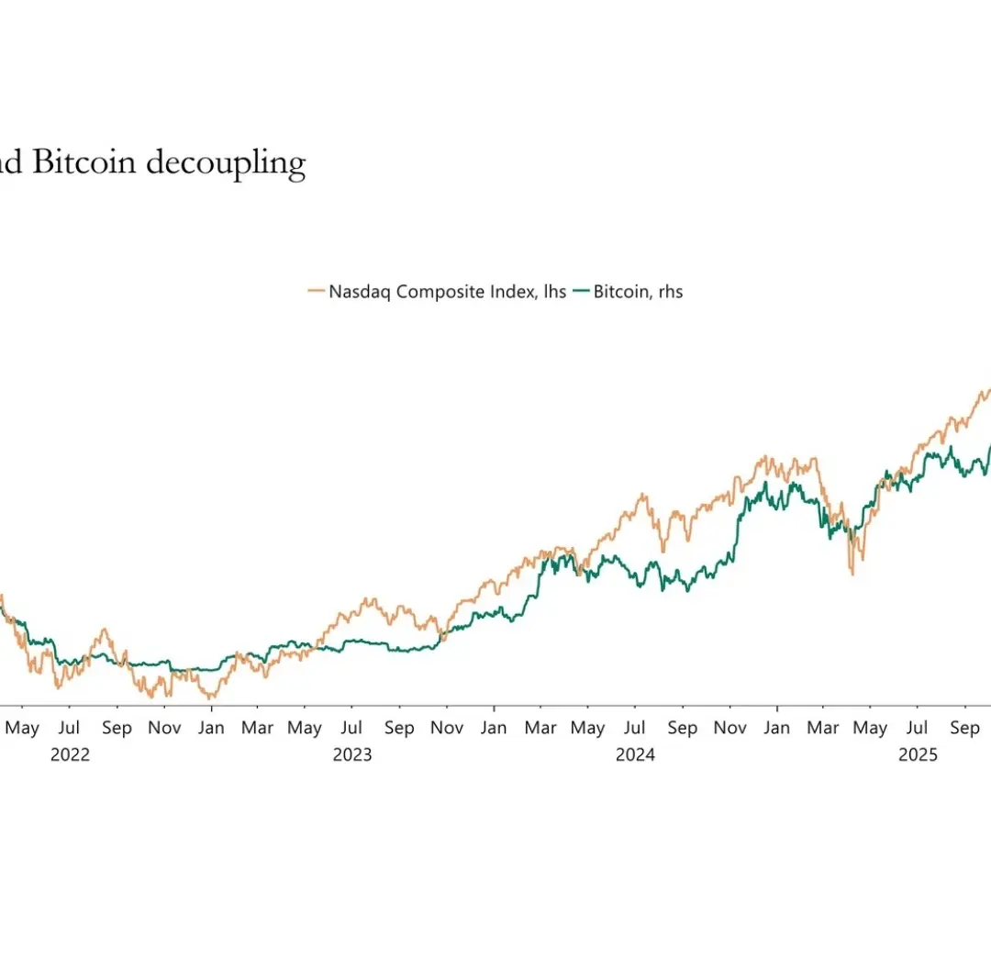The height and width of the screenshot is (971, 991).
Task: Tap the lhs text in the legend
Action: [x=553, y=292]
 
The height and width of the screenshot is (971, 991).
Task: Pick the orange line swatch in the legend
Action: [x=317, y=292]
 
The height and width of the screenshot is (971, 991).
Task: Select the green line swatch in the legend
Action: [x=581, y=292]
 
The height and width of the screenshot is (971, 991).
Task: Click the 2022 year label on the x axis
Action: [x=70, y=754]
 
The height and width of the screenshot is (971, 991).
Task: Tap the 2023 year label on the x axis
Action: [x=352, y=754]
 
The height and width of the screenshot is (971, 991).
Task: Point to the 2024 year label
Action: [x=635, y=754]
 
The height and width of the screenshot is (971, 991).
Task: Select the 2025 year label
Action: [x=918, y=754]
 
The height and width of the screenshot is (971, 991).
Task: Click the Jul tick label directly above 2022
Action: [x=70, y=728]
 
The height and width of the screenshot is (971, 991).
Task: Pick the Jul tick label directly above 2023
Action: [x=352, y=728]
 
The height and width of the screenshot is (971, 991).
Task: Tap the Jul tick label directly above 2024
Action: [x=635, y=728]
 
